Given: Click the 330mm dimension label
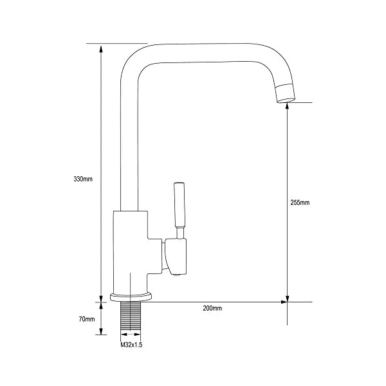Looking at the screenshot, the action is [83, 179].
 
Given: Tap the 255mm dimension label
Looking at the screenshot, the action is [300, 203].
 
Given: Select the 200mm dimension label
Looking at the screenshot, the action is [212, 308].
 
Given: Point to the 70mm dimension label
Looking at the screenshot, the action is [87, 319].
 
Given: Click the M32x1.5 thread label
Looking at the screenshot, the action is [131, 345].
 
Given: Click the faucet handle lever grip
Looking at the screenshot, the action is [179, 205].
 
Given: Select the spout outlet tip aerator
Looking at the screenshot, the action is [285, 93].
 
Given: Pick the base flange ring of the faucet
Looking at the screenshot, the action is [131, 297].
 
